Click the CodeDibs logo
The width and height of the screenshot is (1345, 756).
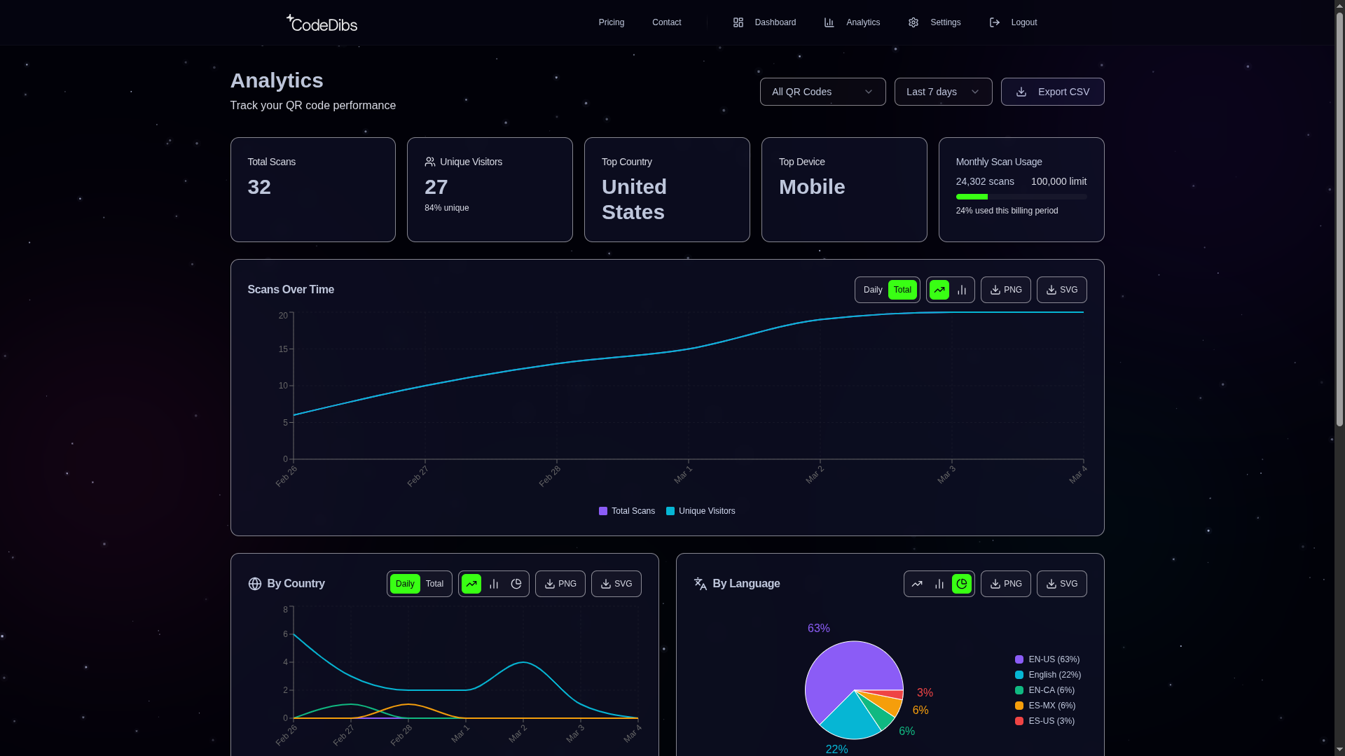click(x=322, y=23)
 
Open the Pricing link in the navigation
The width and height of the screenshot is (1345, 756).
click(x=611, y=22)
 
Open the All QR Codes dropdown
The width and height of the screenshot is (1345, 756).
click(x=822, y=92)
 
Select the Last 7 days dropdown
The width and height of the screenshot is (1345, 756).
click(x=943, y=92)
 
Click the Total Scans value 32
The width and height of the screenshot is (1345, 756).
click(x=259, y=187)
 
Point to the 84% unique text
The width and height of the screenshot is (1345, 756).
click(x=446, y=208)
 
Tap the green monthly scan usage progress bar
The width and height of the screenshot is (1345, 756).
click(x=972, y=197)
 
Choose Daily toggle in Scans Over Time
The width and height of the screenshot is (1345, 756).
click(x=872, y=290)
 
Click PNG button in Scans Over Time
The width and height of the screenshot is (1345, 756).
click(x=1005, y=290)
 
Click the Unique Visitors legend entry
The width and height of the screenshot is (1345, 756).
click(x=701, y=511)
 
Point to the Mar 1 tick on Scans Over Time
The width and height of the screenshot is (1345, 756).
click(x=684, y=474)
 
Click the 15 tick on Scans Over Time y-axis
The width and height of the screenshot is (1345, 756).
click(x=283, y=349)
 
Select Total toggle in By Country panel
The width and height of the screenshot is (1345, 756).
click(x=434, y=584)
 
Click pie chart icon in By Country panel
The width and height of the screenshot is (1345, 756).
click(x=516, y=584)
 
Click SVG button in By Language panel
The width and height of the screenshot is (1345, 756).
click(x=1061, y=584)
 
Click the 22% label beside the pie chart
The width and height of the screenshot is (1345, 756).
click(x=836, y=749)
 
